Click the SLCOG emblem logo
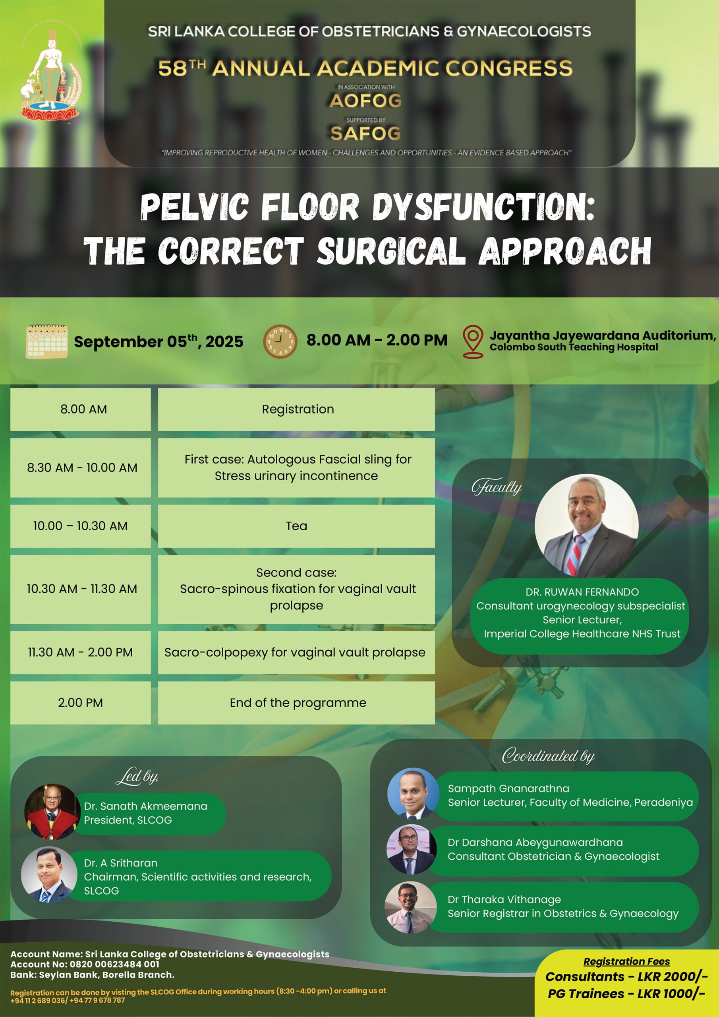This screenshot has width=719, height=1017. [x=51, y=75]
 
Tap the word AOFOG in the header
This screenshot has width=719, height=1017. [x=365, y=101]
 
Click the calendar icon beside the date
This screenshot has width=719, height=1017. [x=47, y=341]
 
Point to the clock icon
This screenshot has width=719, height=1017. [x=280, y=342]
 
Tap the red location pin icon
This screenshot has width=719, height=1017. [x=473, y=342]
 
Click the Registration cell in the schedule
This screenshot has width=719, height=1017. [x=296, y=409]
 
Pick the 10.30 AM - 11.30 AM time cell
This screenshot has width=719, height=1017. [x=81, y=589]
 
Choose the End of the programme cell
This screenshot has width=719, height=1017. [x=296, y=703]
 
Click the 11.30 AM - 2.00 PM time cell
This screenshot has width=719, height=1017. [x=81, y=652]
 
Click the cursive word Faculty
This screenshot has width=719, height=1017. [x=497, y=487]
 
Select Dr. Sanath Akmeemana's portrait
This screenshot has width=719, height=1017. [x=52, y=812]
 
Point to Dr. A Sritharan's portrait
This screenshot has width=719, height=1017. [x=49, y=875]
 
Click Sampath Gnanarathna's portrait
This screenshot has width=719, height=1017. [x=413, y=794]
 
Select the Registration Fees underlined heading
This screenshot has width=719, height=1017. [x=626, y=962]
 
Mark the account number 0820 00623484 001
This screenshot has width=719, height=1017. [x=115, y=964]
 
